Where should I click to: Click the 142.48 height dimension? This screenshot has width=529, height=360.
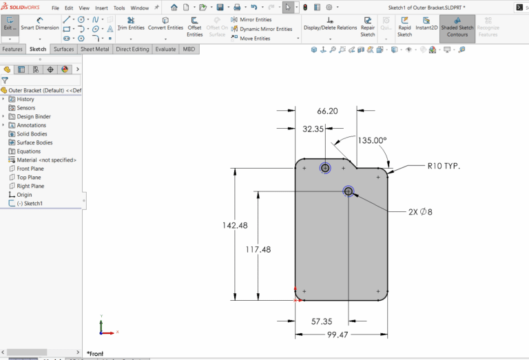point(234,225)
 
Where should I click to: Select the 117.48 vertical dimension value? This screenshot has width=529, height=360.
point(258,249)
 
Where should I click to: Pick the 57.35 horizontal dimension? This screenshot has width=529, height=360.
point(322,321)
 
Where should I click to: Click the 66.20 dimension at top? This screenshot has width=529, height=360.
point(327,111)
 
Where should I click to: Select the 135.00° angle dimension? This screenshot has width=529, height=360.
point(372,140)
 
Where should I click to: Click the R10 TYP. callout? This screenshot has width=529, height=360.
point(443,166)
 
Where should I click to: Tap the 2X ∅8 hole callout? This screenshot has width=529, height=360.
point(420,211)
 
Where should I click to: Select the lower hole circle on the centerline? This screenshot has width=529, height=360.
point(349,191)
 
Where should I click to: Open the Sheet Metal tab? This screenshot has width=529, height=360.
point(94,50)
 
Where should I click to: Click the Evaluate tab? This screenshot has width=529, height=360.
point(165,50)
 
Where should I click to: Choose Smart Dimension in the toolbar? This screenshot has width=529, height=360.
point(39,25)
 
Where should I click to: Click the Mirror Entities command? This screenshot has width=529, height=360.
point(255,20)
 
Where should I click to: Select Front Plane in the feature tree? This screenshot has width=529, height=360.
point(30,169)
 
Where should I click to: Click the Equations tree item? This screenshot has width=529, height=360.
point(28,151)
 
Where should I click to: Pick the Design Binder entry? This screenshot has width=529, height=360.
point(33,116)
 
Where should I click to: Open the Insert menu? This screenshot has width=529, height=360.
point(101,8)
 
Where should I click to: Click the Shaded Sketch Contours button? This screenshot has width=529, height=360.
point(457,28)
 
